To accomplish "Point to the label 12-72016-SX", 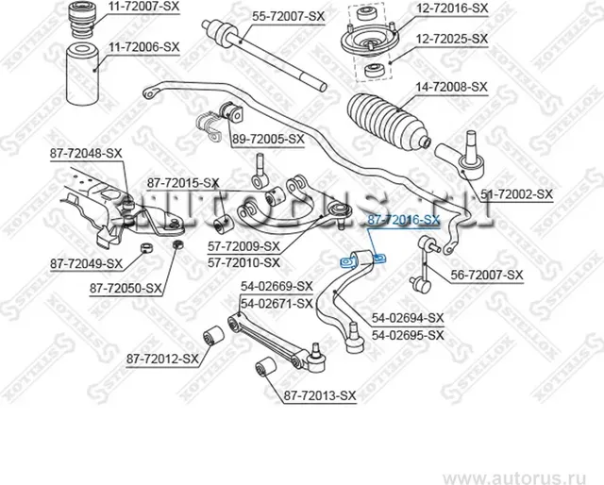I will (452, 8).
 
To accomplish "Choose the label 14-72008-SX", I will (451, 86).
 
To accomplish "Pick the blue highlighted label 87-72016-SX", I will (403, 219).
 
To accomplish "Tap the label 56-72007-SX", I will (486, 275).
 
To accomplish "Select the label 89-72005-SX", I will (268, 139).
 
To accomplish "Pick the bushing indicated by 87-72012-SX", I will (214, 334).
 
